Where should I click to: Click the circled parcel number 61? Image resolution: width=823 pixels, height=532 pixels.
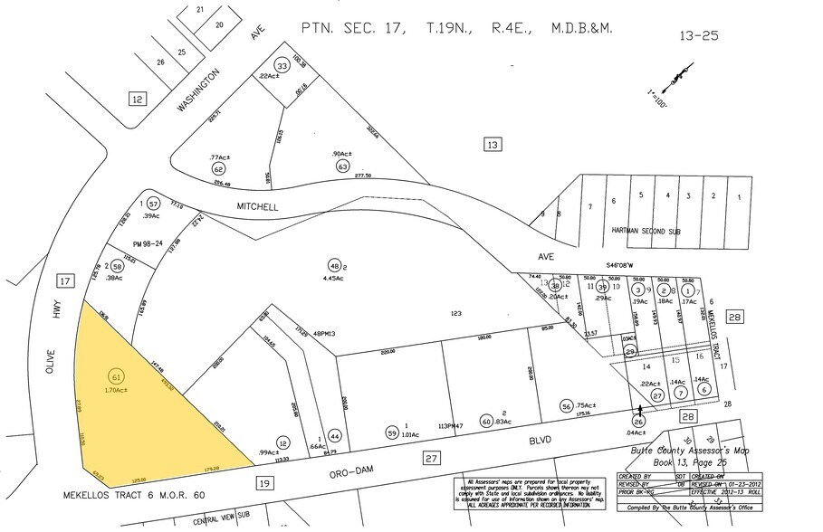point(116,375)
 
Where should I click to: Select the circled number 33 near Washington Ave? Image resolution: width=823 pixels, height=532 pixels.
point(282,66)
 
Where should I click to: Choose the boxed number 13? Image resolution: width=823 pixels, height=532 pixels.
point(492,145)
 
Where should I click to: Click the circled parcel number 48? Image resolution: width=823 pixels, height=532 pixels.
point(334,266)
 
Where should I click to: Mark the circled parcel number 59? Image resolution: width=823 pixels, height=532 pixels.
point(392,432)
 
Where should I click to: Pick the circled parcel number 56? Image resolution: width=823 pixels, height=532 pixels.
point(567,406)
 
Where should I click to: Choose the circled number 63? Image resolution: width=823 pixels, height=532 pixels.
point(343,166)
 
